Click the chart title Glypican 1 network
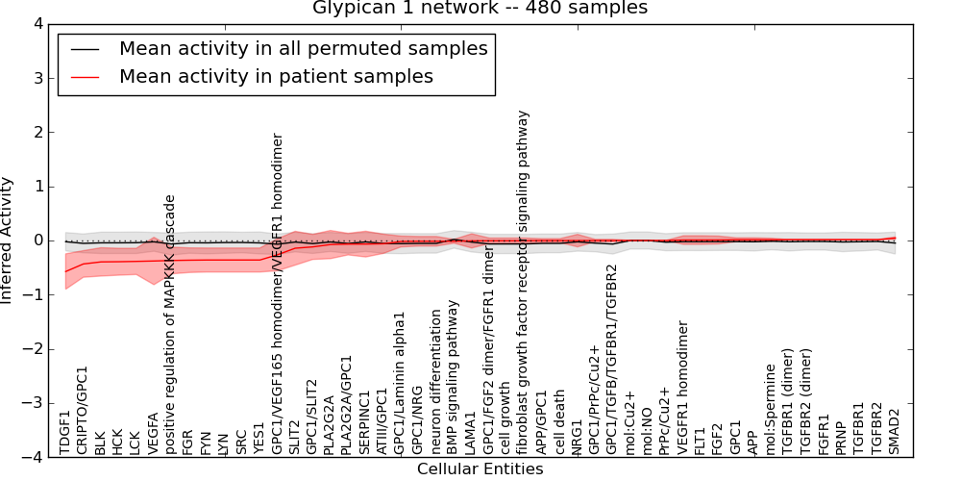pos(480,8)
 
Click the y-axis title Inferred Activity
pos(8,240)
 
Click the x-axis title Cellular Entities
pos(480,469)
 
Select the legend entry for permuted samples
pos(303,48)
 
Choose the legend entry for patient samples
pos(276,76)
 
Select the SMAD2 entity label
pos(894,431)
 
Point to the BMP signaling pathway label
pos(454,376)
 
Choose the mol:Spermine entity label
pos(771,408)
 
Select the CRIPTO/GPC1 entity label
pos(83,410)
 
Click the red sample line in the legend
pos(85,76)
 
